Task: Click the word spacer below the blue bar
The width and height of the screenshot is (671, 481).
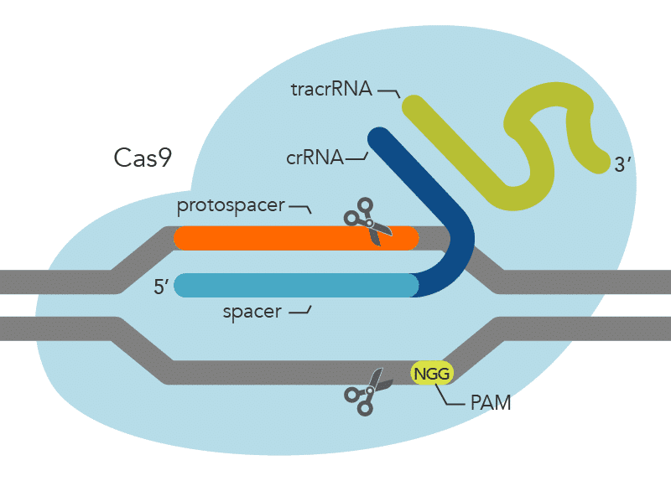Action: (x=251, y=313)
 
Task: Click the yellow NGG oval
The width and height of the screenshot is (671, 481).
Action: (x=432, y=372)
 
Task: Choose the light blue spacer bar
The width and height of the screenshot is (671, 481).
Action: (x=294, y=285)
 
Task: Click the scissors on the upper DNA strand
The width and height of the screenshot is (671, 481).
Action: (x=368, y=221)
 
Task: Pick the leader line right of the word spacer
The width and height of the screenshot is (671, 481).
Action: (x=301, y=313)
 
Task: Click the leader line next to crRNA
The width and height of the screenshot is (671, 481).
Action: (x=358, y=156)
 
